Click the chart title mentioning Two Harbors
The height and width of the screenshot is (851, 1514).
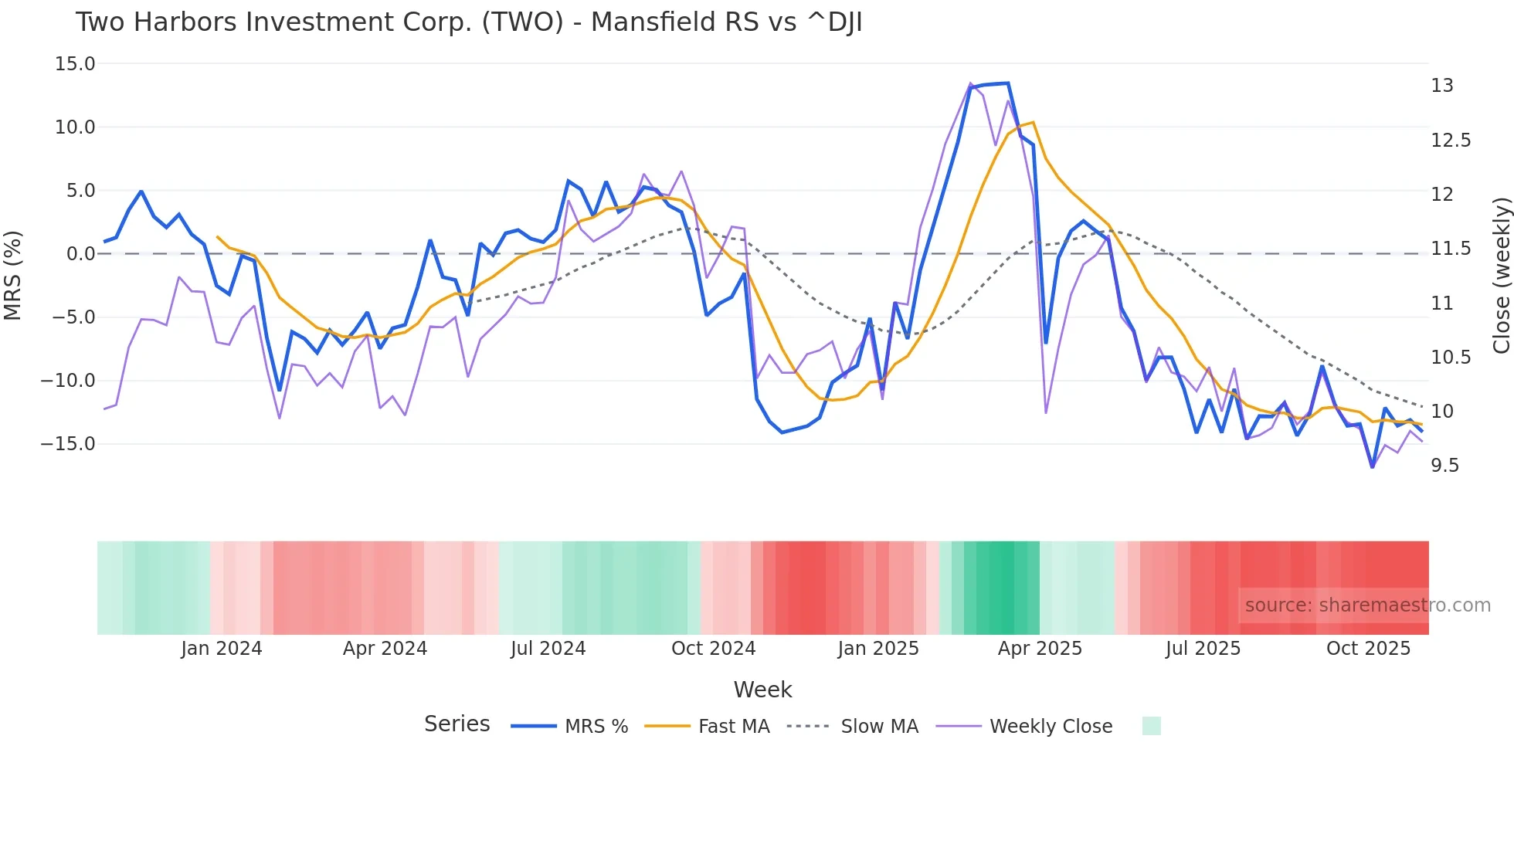pos(468,22)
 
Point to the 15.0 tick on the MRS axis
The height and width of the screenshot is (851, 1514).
pos(75,64)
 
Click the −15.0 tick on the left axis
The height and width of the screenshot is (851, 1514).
pos(68,444)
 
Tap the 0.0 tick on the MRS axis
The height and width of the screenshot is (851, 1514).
pos(80,254)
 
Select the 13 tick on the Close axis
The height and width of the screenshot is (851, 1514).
pos(1441,86)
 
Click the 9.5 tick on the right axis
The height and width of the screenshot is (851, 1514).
pos(1444,466)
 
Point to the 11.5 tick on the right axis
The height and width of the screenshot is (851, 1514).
pos(1450,249)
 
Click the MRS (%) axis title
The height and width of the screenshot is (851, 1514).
pos(13,275)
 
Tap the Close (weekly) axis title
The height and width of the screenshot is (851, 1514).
pos(1501,276)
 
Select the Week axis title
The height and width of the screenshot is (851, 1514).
pos(762,690)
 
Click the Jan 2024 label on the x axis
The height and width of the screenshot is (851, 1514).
pos(222,649)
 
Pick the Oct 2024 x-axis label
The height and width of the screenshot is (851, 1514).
pos(713,649)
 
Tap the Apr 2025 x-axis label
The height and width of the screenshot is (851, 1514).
pos(1040,649)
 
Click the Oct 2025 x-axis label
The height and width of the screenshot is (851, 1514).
pos(1368,649)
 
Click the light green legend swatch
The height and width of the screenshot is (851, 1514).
pos(1151,726)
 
